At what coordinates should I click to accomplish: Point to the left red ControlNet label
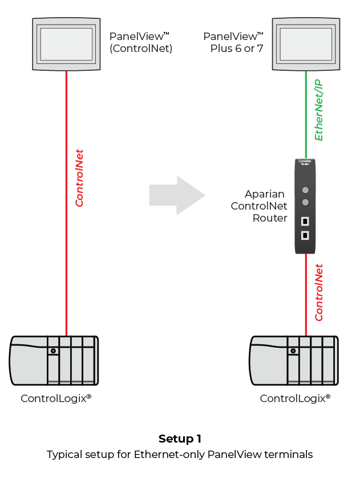pos(80,178)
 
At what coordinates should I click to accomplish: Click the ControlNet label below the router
pos(319,292)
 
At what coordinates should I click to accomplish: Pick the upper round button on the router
pos(305,190)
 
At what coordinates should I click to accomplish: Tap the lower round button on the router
pos(305,202)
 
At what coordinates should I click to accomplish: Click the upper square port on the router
pos(305,221)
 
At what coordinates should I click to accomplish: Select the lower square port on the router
pos(305,235)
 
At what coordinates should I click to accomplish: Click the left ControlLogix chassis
pos(54,362)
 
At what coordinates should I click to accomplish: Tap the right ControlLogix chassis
pos(294,362)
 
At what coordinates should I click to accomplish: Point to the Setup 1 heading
pos(180,439)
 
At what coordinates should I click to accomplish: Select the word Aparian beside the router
pos(265,194)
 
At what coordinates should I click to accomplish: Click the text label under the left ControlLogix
pos(56,398)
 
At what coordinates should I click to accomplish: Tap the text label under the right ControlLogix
pos(295,398)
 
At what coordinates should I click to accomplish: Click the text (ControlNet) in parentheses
pos(141,49)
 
